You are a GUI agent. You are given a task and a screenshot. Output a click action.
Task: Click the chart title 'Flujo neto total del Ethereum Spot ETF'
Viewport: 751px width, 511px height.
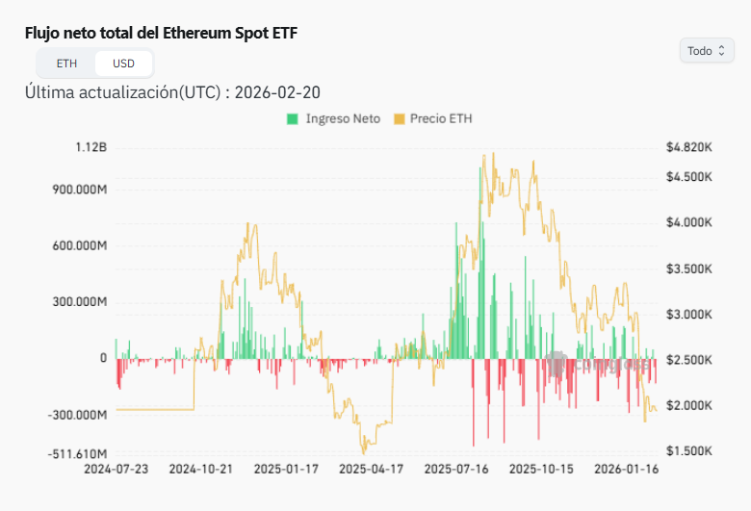click(162, 33)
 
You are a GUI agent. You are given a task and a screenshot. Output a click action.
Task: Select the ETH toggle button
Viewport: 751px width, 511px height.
click(66, 64)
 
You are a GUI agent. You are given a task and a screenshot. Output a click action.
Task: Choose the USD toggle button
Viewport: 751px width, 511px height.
click(123, 64)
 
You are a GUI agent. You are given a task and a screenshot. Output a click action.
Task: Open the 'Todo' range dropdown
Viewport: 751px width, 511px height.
click(707, 51)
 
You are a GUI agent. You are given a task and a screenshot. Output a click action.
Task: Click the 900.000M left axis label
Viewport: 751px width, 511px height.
click(80, 190)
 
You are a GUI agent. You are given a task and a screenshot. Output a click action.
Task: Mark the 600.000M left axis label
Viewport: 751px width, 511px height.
click(80, 246)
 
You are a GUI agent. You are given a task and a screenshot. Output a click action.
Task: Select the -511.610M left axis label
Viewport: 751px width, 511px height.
click(78, 452)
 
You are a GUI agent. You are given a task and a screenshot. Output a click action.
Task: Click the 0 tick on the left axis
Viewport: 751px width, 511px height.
click(103, 358)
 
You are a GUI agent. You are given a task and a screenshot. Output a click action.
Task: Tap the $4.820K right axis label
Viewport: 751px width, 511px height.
click(688, 147)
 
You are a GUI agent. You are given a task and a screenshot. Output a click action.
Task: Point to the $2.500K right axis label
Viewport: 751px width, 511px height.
click(688, 360)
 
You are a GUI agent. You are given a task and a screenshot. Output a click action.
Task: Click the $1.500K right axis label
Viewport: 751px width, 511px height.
click(688, 451)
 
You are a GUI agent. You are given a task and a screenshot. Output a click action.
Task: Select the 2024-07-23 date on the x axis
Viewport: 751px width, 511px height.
click(116, 471)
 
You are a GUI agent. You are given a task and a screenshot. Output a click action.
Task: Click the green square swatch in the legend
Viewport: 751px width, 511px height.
click(292, 119)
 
